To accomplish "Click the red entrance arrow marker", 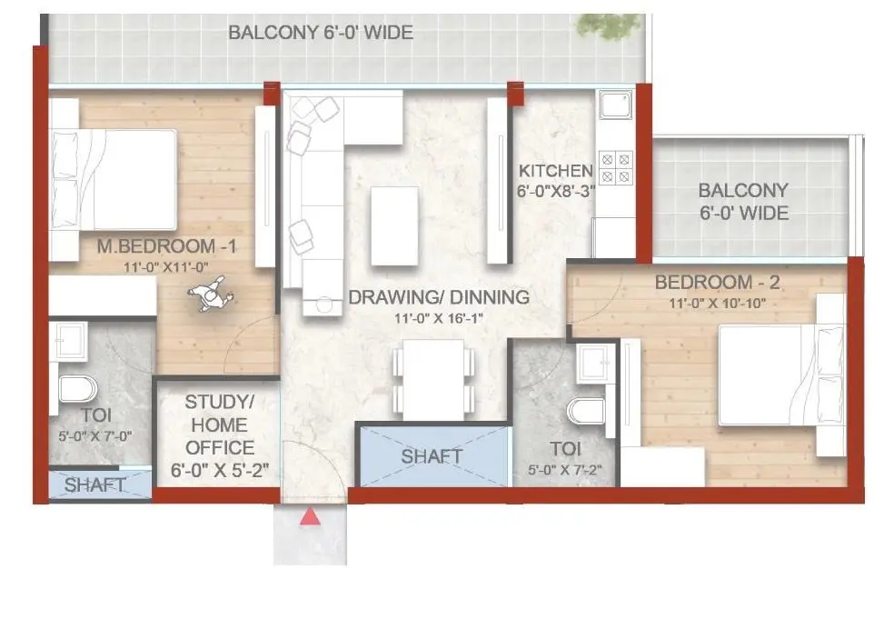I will coord(311,516).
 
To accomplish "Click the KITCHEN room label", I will coord(555,170).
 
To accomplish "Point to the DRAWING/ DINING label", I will coord(439,297).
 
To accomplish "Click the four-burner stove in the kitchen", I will coord(616,166).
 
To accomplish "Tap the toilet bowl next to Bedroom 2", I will coord(587,410).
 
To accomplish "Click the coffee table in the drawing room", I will coord(396,225).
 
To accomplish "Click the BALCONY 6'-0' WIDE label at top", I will coord(321,34).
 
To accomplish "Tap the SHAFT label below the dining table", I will coord(432,456).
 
